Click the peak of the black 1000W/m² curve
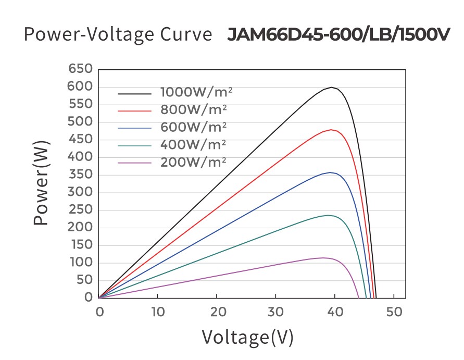pos(331,88)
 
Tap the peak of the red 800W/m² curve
pos(331,130)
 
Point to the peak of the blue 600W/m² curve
pos(330,172)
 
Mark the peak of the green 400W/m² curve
pos(328,215)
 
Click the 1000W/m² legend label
pos(196,93)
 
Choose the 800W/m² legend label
pos(193,110)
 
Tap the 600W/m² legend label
pos(193,127)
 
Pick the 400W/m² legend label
pos(193,144)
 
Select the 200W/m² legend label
pos(193,162)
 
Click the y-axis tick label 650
pos(80,69)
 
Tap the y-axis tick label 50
pos(85,280)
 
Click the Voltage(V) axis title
pos(247,338)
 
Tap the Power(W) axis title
pos(42,183)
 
